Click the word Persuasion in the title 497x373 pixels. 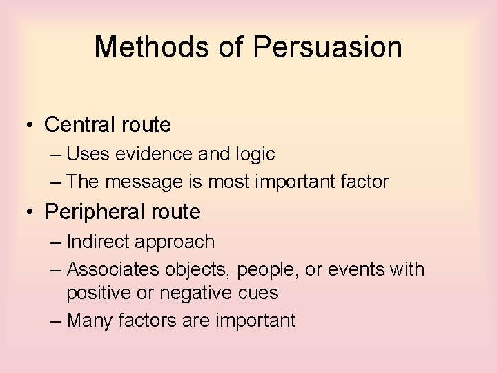click(327, 47)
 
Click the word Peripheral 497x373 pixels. click(90, 212)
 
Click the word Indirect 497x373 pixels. click(101, 242)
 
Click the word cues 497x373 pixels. click(260, 294)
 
